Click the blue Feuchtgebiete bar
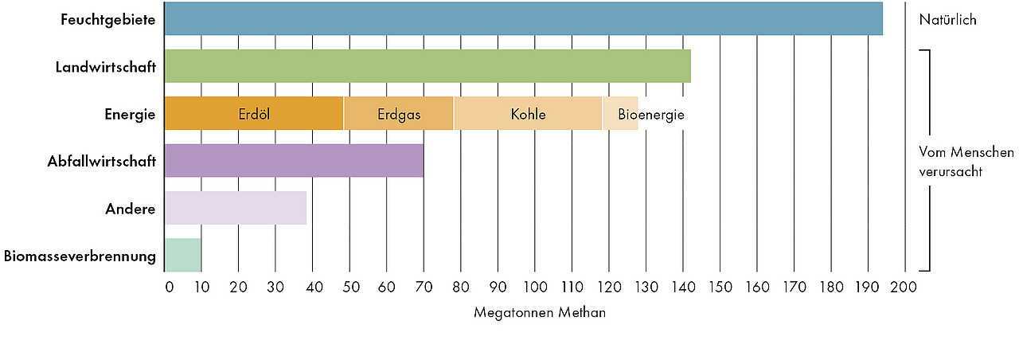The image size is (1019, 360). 523,19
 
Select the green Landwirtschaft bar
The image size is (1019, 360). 428,66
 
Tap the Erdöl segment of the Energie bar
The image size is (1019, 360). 254,114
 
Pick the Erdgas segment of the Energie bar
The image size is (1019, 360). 398,114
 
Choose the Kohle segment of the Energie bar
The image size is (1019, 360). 528,114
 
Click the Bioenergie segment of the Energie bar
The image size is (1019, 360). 621,114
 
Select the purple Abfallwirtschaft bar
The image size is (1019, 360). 294,161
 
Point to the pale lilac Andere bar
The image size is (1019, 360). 236,209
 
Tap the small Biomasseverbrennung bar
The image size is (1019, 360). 182,256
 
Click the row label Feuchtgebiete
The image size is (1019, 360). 107,19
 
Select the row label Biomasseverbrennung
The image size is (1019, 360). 80,256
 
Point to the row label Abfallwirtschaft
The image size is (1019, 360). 101,162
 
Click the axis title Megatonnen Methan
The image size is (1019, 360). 540,313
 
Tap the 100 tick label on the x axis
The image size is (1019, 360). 535,286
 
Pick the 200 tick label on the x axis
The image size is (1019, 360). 905,286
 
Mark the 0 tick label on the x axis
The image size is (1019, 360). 169,286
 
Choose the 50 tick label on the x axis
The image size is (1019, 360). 349,286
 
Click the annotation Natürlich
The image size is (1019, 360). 947,20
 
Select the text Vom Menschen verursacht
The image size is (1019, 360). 955,161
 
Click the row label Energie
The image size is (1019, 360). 130,114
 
